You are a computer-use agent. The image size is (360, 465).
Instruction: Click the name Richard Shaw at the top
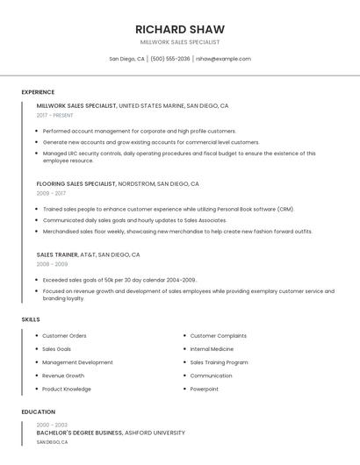coord(180,29)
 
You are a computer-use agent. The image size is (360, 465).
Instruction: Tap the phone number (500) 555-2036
coord(170,59)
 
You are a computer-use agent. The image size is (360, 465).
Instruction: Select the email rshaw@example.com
coord(223,59)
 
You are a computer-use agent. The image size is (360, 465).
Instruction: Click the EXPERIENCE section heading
coord(38,92)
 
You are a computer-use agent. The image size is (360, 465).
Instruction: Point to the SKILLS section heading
coord(31,319)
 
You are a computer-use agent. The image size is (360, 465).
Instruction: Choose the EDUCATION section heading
coord(39,411)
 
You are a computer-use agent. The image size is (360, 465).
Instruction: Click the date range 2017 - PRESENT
coord(55,115)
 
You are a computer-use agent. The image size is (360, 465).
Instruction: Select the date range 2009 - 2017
coord(51,193)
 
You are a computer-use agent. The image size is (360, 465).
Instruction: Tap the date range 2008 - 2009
coord(52,263)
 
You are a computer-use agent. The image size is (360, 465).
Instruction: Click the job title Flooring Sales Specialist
coord(76,184)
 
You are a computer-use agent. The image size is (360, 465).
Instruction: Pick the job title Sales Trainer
coord(57,254)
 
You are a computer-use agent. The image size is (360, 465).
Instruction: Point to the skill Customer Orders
coord(64,336)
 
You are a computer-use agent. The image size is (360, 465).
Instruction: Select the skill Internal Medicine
coord(212,349)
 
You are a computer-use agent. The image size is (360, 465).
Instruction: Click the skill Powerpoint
coord(205,389)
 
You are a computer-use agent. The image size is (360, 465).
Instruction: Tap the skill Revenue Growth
coord(63,376)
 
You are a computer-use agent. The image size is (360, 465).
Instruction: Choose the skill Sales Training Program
coord(219,362)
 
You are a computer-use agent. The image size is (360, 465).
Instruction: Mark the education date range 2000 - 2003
coord(52,425)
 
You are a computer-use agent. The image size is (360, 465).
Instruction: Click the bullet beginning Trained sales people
coord(162,210)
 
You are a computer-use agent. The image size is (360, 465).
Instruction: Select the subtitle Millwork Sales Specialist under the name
coord(180,42)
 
